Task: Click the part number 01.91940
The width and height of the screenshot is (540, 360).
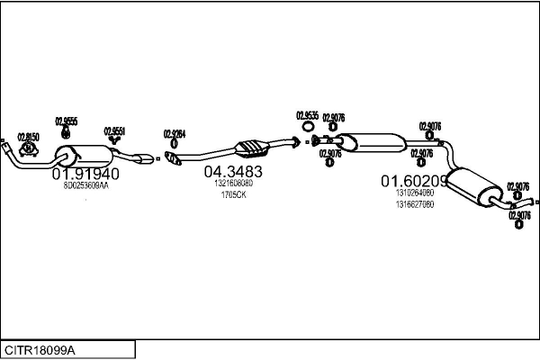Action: pyautogui.click(x=85, y=173)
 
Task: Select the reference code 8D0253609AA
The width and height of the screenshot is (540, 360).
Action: pyautogui.click(x=85, y=185)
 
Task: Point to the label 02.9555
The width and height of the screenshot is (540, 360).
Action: pyautogui.click(x=67, y=121)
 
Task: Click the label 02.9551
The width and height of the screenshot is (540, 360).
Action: pyautogui.click(x=114, y=130)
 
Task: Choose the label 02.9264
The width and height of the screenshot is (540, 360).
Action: pyautogui.click(x=175, y=134)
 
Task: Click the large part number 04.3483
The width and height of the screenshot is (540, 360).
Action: pyautogui.click(x=232, y=171)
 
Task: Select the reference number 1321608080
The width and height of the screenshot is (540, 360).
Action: pyautogui.click(x=233, y=183)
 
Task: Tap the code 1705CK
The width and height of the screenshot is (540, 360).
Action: pyautogui.click(x=233, y=194)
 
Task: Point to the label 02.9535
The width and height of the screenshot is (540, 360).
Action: pyautogui.click(x=307, y=115)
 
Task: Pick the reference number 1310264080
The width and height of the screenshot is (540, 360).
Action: pyautogui.click(x=414, y=192)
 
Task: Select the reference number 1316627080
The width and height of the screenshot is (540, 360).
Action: pyautogui.click(x=414, y=203)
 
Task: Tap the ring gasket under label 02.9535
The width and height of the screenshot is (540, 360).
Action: pyautogui.click(x=308, y=139)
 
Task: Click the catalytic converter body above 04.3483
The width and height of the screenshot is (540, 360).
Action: pyautogui.click(x=249, y=147)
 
